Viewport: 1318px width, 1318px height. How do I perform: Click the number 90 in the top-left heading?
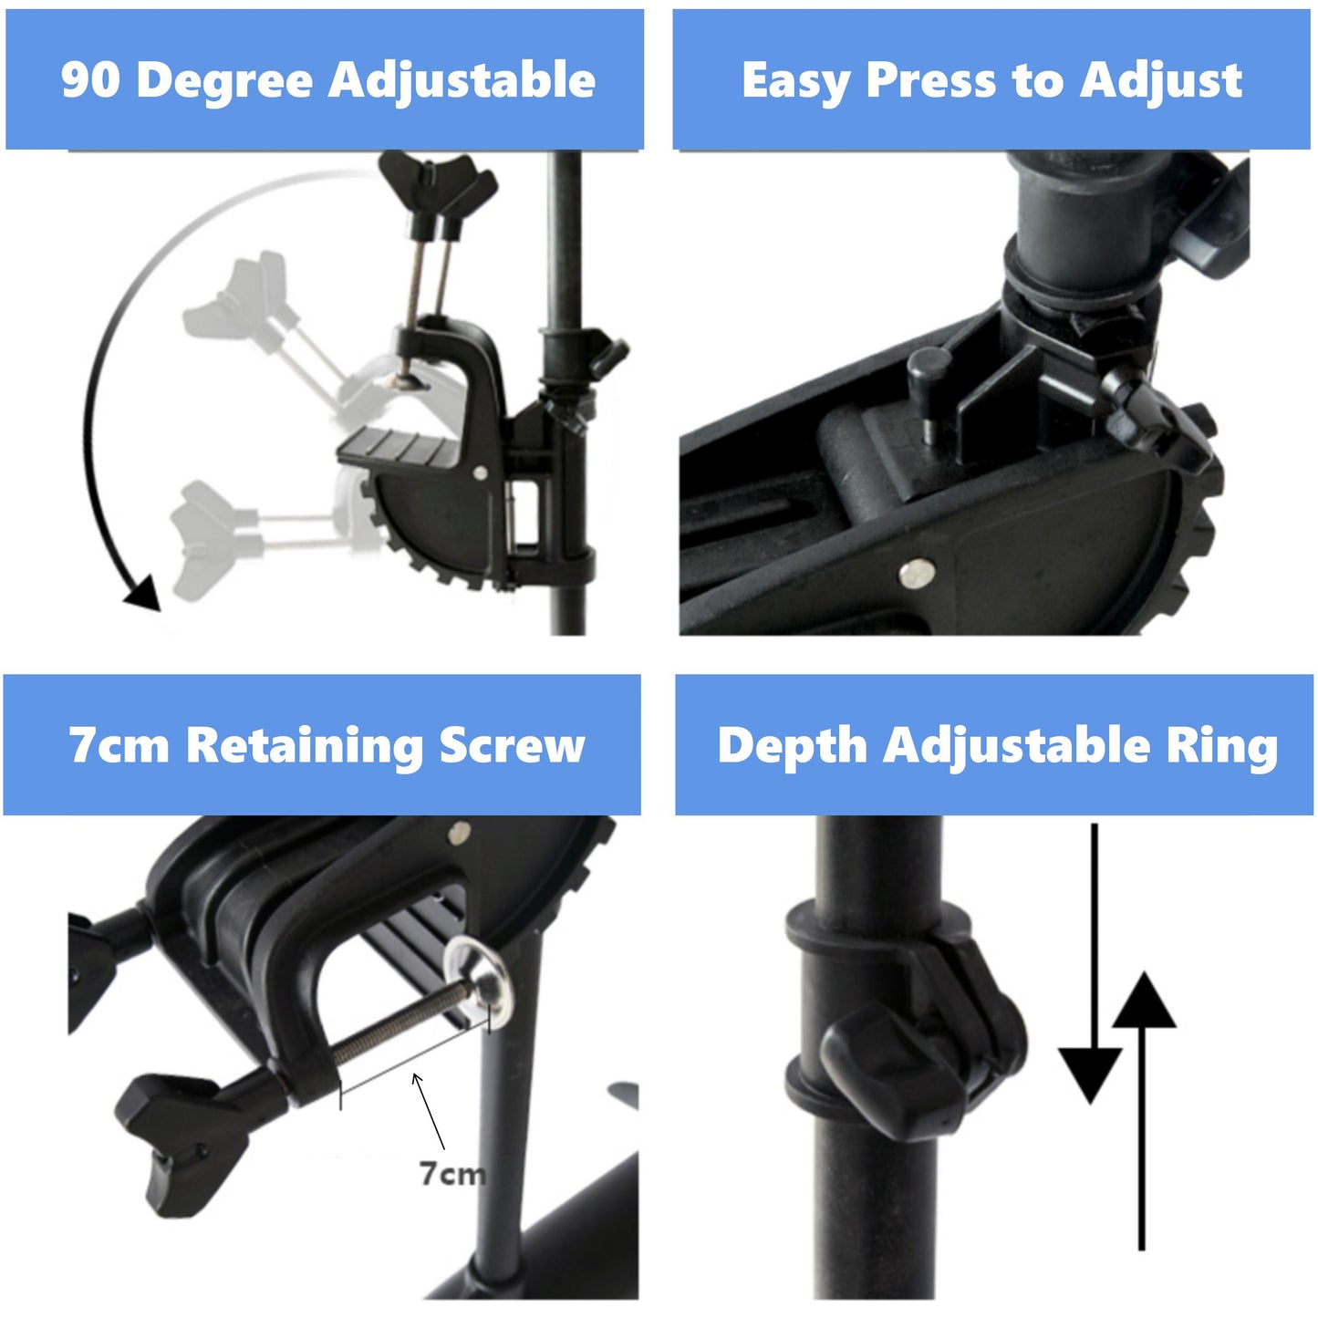(90, 80)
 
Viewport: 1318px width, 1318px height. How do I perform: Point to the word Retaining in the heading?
(305, 746)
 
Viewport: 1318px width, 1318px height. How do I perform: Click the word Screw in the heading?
(512, 745)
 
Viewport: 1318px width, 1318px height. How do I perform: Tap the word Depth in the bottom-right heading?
(791, 746)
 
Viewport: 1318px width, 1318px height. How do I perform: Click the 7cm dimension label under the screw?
(451, 1173)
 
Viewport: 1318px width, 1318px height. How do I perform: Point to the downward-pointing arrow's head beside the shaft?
(1091, 1075)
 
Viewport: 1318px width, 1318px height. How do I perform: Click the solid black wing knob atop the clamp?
(439, 187)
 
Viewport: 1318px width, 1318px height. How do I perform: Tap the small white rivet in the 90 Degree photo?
(480, 472)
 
